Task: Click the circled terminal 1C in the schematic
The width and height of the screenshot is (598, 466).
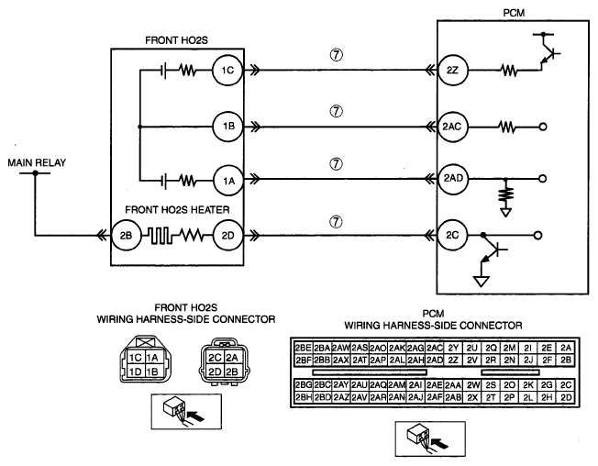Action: click(x=227, y=70)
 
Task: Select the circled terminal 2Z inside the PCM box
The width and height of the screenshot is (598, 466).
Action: click(x=452, y=71)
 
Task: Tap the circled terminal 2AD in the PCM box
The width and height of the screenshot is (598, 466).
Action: click(x=453, y=178)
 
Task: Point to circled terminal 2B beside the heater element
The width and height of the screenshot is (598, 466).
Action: click(x=126, y=236)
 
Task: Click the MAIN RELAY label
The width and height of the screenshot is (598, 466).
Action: click(x=37, y=163)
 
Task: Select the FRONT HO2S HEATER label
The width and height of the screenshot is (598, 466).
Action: click(x=177, y=210)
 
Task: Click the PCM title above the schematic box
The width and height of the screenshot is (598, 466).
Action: click(x=514, y=13)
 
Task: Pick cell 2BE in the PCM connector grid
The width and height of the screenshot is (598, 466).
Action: click(x=304, y=348)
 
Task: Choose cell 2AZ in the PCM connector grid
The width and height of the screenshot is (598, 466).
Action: click(x=341, y=397)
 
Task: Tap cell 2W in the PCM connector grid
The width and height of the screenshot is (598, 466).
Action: click(x=473, y=385)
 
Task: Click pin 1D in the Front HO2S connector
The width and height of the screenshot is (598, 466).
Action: click(x=135, y=371)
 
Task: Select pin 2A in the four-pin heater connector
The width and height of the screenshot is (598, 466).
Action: click(x=231, y=358)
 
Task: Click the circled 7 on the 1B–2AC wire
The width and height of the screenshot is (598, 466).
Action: click(x=336, y=111)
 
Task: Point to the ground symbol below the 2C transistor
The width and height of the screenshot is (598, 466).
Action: click(x=481, y=282)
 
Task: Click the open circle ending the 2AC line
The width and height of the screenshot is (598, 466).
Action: click(x=543, y=127)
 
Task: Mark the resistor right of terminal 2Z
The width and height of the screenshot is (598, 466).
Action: click(x=509, y=71)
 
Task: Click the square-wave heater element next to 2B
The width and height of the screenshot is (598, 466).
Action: click(x=160, y=236)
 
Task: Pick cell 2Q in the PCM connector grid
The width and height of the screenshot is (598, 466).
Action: click(x=492, y=348)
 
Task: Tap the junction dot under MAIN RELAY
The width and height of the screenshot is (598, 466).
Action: click(x=36, y=173)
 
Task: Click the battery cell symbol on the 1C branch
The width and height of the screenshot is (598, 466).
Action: click(x=163, y=71)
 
